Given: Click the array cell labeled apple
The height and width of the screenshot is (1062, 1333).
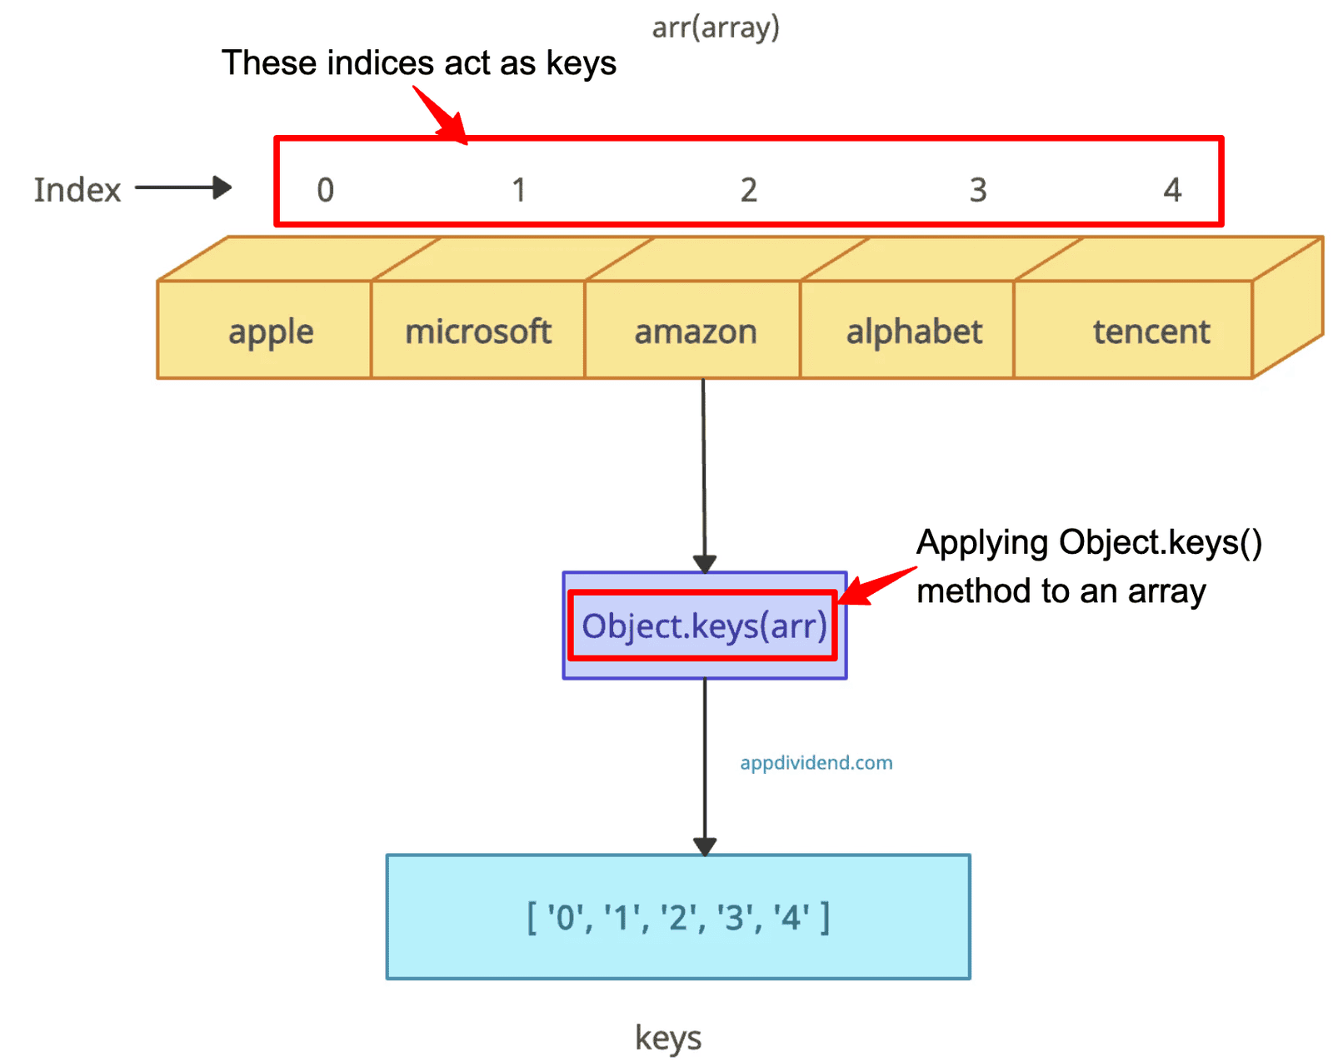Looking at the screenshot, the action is pyautogui.click(x=264, y=329).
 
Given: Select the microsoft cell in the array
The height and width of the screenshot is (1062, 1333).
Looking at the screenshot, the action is pyautogui.click(x=477, y=329).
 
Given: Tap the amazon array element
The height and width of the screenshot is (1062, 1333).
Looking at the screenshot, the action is pyautogui.click(x=691, y=329).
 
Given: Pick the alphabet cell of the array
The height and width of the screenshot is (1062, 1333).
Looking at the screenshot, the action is pyautogui.click(x=906, y=329).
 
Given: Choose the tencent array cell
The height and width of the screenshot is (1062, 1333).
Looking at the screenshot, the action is pyautogui.click(x=1132, y=329).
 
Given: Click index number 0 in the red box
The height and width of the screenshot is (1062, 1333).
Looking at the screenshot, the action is pyautogui.click(x=325, y=189).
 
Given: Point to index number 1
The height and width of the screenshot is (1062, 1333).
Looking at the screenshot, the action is pyautogui.click(x=519, y=189).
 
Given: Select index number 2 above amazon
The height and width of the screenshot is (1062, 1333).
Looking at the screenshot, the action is pyautogui.click(x=748, y=189).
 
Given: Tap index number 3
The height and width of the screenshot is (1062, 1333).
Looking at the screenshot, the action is pyautogui.click(x=977, y=189).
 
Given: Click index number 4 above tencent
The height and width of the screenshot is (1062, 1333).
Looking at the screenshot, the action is pyautogui.click(x=1172, y=189).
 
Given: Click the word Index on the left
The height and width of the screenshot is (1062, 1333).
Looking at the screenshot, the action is pyautogui.click(x=77, y=189).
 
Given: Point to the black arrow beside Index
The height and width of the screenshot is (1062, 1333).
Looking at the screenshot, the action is pyautogui.click(x=183, y=187).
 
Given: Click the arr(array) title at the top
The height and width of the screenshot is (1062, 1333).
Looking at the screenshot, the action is pyautogui.click(x=716, y=27).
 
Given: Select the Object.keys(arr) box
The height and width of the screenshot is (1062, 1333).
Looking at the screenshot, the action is pyautogui.click(x=704, y=625).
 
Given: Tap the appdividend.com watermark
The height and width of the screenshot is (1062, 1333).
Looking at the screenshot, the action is pyautogui.click(x=816, y=762).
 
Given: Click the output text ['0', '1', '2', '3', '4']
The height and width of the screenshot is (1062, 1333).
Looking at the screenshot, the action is pyautogui.click(x=677, y=917).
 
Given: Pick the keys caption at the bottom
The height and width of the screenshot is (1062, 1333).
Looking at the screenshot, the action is pyautogui.click(x=667, y=1037).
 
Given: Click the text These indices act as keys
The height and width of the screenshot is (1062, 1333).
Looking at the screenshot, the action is pyautogui.click(x=419, y=63).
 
